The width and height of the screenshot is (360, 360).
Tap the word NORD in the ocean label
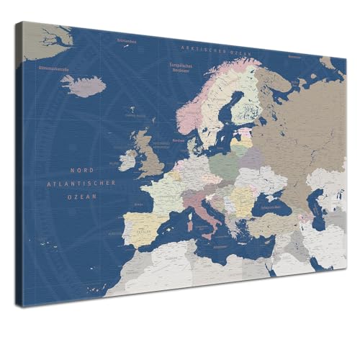pos(81,171)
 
